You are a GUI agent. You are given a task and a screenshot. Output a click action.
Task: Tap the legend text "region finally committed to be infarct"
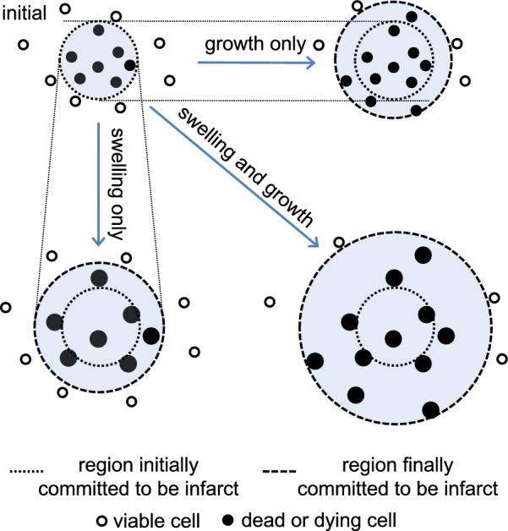point(399,477)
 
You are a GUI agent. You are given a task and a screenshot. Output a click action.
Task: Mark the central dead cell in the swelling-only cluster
point(98,338)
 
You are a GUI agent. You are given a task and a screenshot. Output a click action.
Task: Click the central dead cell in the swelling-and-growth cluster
point(392,338)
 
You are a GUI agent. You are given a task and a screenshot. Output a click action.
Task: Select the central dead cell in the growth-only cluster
point(393,67)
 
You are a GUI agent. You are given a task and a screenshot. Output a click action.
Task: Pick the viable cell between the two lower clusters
point(270,302)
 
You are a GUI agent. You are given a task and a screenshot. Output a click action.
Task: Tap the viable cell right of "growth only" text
point(319,42)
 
